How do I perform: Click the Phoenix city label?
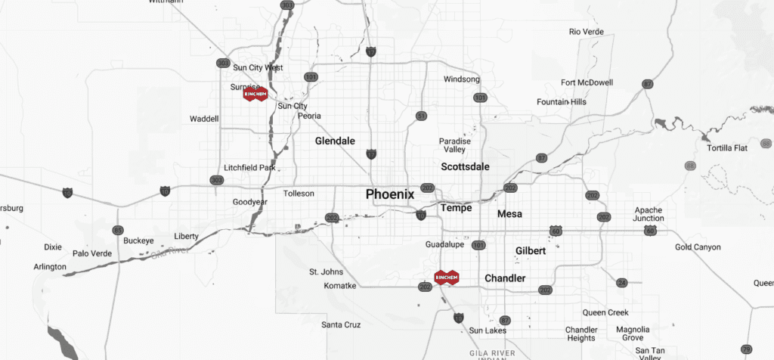pyautogui.click(x=389, y=194)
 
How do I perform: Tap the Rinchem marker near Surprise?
pyautogui.click(x=255, y=94)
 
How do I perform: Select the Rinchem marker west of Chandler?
pyautogui.click(x=447, y=278)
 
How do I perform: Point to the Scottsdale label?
pyautogui.click(x=465, y=166)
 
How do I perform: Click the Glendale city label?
pyautogui.click(x=334, y=141)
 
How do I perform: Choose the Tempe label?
pyautogui.click(x=456, y=208)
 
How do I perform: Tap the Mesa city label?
pyautogui.click(x=509, y=214)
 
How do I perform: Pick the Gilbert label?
pyautogui.click(x=530, y=250)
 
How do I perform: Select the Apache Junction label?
pyautogui.click(x=649, y=214)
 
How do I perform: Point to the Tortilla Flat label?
pyautogui.click(x=726, y=148)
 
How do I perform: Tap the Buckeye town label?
pyautogui.click(x=138, y=241)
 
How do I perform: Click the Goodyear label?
pyautogui.click(x=250, y=203)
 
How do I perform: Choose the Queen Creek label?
pyautogui.click(x=605, y=312)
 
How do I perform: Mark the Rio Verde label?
pyautogui.click(x=585, y=32)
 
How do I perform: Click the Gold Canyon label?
pyautogui.click(x=698, y=247)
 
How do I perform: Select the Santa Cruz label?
pyautogui.click(x=340, y=324)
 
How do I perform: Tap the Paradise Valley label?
pyautogui.click(x=454, y=145)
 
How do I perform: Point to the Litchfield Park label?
pyautogui.click(x=249, y=168)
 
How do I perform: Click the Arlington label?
pyautogui.click(x=51, y=267)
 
